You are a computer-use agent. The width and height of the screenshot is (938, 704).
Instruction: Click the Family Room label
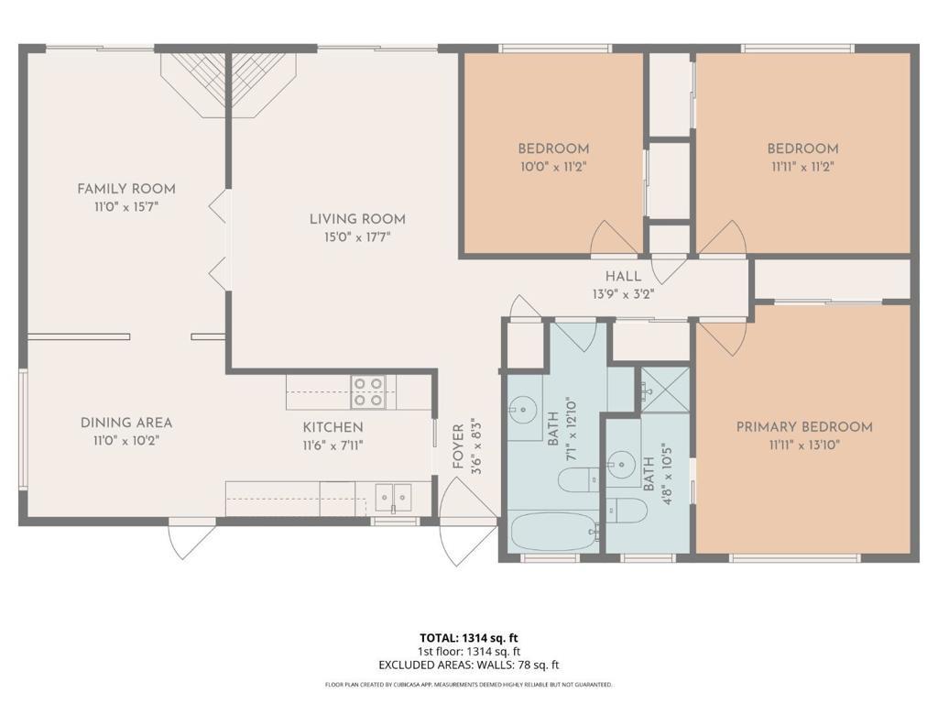point(126,189)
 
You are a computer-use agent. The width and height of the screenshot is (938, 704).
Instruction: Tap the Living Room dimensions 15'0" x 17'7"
point(357,237)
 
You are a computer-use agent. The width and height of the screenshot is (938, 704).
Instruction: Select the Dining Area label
point(126,423)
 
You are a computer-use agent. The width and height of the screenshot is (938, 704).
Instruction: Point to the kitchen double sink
point(393,497)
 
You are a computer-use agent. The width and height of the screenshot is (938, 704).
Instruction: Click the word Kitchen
point(333,427)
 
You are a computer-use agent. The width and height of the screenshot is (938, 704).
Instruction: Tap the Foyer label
point(458,446)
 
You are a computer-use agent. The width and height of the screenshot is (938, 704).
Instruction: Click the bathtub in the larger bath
point(554,531)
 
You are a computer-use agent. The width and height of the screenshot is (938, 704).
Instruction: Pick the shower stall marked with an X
point(665,390)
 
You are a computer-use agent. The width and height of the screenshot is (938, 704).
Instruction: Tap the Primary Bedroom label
point(804,427)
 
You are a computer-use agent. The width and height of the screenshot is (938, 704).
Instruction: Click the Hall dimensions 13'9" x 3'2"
point(623,294)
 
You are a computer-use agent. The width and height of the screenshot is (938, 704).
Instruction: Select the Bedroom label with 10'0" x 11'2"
point(553,148)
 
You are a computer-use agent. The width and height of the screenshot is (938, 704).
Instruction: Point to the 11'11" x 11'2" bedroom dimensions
point(802,167)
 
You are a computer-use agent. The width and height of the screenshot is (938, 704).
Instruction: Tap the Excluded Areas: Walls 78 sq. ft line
point(468,665)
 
